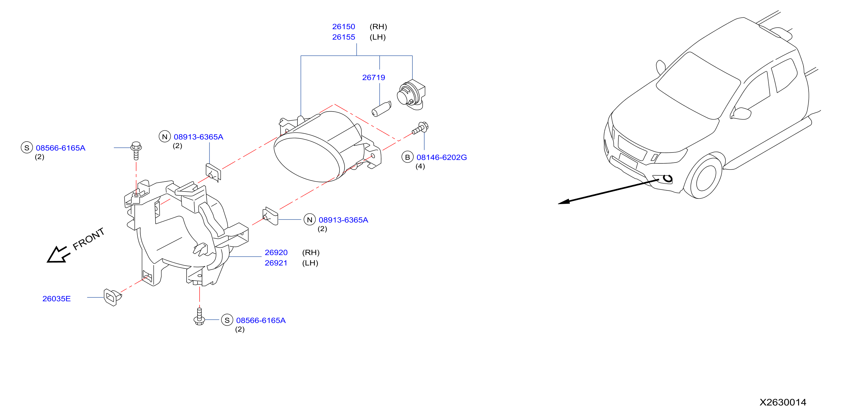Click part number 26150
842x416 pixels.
343,27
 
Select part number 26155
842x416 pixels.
343,37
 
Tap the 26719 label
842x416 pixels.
374,78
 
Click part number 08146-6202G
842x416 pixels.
442,157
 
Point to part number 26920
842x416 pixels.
276,252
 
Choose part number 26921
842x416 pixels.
276,263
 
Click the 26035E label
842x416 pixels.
57,299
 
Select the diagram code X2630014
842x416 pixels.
783,402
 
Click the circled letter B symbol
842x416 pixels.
408,157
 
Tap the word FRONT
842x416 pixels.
89,239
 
